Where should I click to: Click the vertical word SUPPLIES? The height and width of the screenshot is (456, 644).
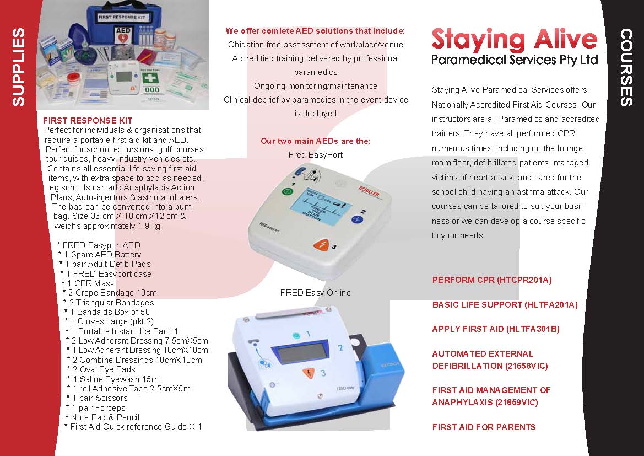(18, 67)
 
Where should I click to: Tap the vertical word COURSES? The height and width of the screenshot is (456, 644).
(626, 67)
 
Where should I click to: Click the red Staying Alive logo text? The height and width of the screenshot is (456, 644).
(514, 40)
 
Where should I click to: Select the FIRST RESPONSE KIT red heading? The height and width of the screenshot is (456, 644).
(87, 120)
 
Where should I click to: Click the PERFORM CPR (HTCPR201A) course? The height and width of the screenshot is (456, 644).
(491, 280)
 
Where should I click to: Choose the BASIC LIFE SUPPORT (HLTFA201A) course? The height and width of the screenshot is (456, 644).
(505, 304)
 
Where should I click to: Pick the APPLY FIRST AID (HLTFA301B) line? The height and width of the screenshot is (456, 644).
(495, 329)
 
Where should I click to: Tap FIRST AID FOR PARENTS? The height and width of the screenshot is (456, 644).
(484, 427)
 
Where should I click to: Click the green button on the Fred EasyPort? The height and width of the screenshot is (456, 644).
(287, 192)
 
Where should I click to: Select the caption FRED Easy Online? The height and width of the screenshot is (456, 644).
(315, 293)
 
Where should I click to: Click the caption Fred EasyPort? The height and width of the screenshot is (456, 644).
(315, 155)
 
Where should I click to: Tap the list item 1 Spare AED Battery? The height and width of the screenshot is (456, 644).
(102, 255)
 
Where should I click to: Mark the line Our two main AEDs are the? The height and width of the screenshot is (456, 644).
(315, 141)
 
